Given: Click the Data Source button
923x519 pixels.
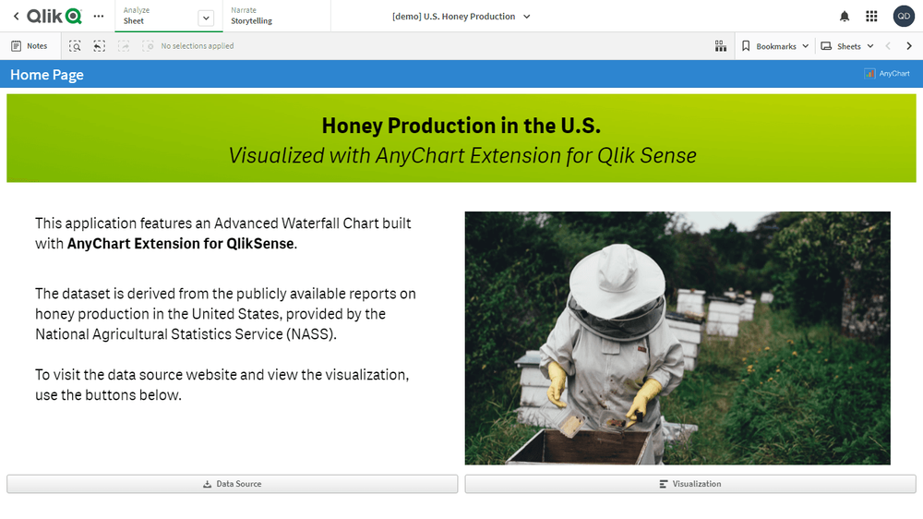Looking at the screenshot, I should pyautogui.click(x=232, y=484).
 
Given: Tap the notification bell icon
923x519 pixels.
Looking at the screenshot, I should pyautogui.click(x=845, y=17).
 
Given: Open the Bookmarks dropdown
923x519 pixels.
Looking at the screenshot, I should pyautogui.click(x=775, y=46).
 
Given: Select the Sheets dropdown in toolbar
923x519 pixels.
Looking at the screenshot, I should pyautogui.click(x=847, y=46).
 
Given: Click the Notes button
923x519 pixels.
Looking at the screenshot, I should pyautogui.click(x=30, y=46).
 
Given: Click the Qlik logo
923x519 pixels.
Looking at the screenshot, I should pyautogui.click(x=54, y=17).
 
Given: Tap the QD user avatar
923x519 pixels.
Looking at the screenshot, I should pyautogui.click(x=904, y=16).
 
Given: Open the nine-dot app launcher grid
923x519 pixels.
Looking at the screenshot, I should pyautogui.click(x=871, y=17).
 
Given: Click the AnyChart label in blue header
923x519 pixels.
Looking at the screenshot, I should pyautogui.click(x=888, y=74).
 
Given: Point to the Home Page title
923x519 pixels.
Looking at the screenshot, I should pyautogui.click(x=47, y=75).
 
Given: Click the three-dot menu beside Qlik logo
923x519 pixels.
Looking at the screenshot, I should pyautogui.click(x=99, y=17).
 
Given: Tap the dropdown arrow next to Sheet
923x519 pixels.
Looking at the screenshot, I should pyautogui.click(x=206, y=18).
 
